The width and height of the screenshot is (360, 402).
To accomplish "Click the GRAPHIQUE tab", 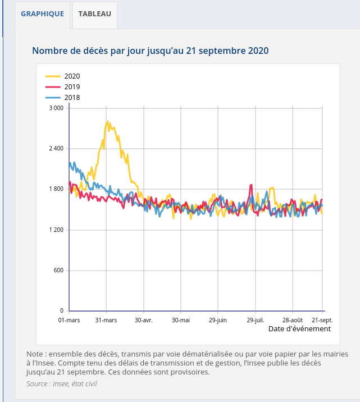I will click(x=43, y=14).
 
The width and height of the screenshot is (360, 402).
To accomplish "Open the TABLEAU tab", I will click(x=94, y=14).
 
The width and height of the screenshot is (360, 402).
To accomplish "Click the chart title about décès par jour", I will click(x=150, y=51).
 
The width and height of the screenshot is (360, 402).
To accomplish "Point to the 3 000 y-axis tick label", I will click(x=56, y=108).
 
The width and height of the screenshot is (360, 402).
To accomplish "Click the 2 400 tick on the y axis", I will click(x=56, y=148).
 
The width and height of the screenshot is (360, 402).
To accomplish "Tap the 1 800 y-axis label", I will click(x=56, y=189).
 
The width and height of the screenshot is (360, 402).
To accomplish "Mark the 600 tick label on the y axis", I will click(x=58, y=271).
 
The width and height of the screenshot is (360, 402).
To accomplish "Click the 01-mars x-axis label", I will click(x=69, y=320).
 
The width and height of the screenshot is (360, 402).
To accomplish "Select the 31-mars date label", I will click(x=106, y=320).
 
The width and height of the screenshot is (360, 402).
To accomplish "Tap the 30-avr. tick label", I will click(x=144, y=320).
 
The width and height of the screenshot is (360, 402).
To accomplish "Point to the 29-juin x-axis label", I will click(x=218, y=320).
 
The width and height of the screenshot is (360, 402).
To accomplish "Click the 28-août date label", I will click(x=293, y=320).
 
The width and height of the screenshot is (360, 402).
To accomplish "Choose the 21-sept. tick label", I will click(x=322, y=320).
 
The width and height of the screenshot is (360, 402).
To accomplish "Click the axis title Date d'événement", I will click(x=299, y=329).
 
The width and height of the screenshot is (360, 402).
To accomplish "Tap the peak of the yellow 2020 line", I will click(x=107, y=121).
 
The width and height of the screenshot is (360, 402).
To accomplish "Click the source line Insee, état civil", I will click(x=65, y=383).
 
